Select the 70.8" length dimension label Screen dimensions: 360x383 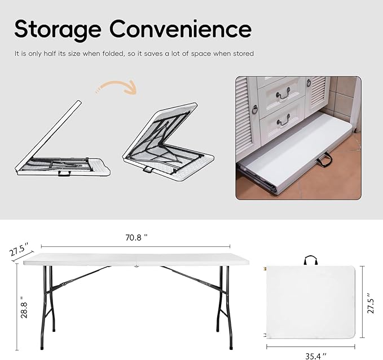click(136, 237)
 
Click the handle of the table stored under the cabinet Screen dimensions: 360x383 click(324, 162)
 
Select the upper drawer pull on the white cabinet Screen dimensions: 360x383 click(282, 91)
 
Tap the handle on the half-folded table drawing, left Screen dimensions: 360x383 click(65, 173)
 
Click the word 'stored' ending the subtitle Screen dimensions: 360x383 click(244, 54)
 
